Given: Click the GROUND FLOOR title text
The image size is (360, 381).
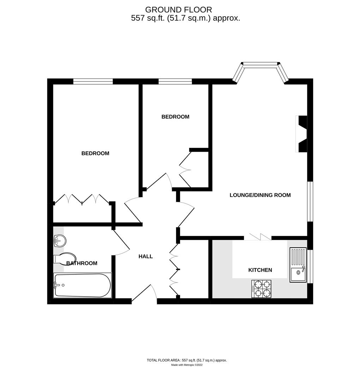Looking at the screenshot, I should [179, 10].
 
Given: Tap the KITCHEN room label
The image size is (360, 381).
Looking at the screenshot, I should [260, 270].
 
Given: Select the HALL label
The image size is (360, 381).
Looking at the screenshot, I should [145, 256].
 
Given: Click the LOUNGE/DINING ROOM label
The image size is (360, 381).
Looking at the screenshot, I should [260, 195].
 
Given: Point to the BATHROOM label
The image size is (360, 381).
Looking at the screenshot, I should [82, 263].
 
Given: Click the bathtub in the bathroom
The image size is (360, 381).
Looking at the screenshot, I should [82, 285].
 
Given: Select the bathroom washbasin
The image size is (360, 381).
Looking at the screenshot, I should [60, 242].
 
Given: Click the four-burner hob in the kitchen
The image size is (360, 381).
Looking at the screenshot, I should [261, 289].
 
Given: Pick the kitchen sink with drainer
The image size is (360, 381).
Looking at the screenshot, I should [298, 265].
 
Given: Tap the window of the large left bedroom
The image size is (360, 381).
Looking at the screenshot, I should [93, 81].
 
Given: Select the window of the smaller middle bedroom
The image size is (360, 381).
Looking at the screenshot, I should [175, 81].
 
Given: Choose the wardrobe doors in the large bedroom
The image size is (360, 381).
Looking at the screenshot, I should [82, 199].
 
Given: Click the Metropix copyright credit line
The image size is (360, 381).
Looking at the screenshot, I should [187, 365].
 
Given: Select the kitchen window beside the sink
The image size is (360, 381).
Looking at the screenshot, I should [310, 266].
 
